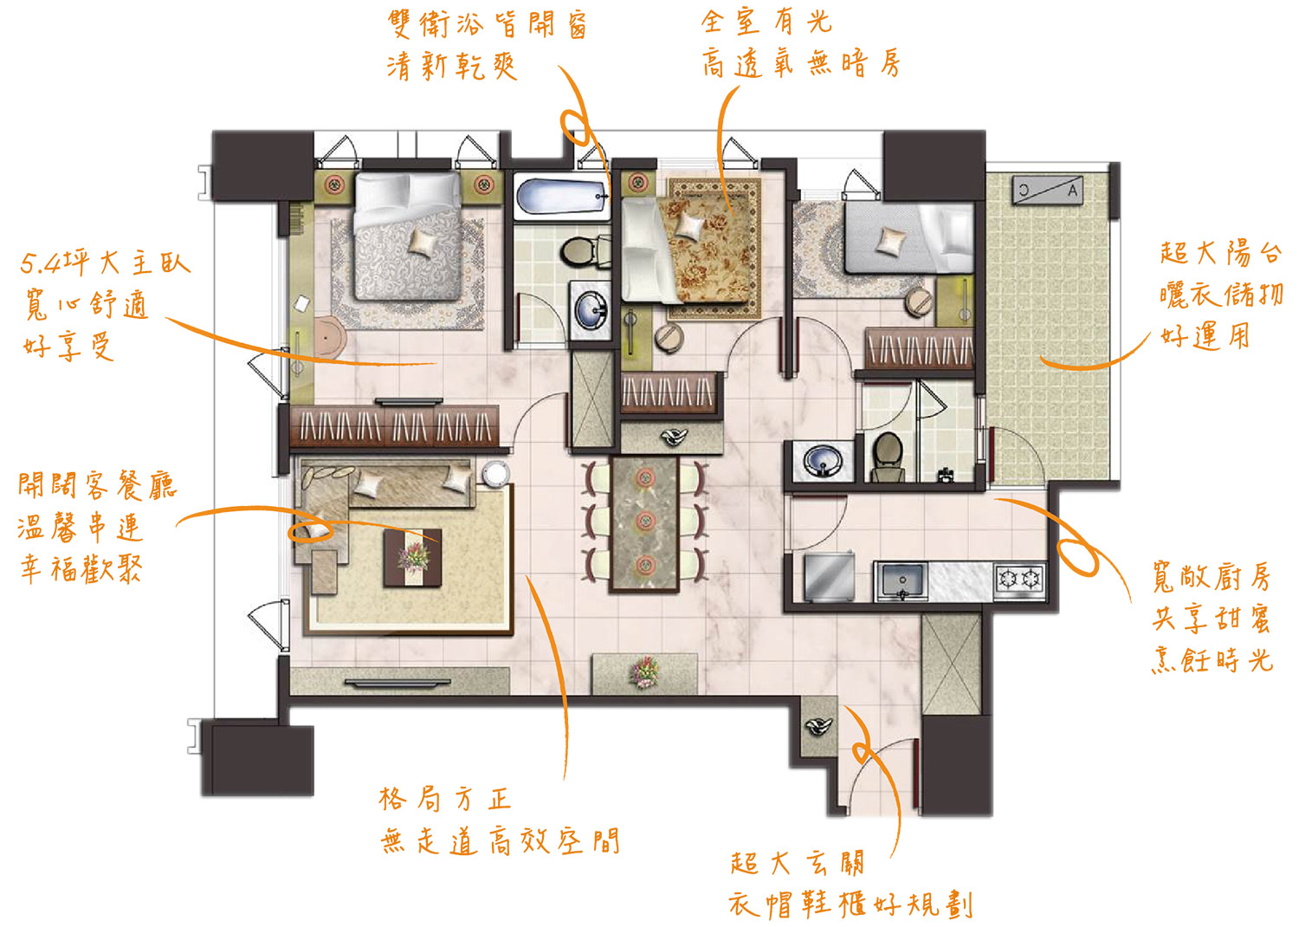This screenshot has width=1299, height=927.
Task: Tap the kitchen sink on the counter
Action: pyautogui.click(x=902, y=580)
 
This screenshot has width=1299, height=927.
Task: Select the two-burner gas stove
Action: pyautogui.click(x=1021, y=579)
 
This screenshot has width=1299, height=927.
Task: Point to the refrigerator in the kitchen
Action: pyautogui.click(x=830, y=577)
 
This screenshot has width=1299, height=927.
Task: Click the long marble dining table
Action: pyautogui.click(x=644, y=524)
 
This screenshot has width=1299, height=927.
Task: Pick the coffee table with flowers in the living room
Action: pyautogui.click(x=412, y=557)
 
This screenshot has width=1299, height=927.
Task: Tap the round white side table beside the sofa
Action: pyautogui.click(x=494, y=473)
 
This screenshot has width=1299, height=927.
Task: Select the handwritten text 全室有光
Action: pyautogui.click(x=766, y=22)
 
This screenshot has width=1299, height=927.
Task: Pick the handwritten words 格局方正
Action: pyautogui.click(x=445, y=800)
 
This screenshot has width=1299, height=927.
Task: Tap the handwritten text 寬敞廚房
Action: pyautogui.click(x=1212, y=576)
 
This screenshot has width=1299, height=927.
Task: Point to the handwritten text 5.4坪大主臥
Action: pyautogui.click(x=106, y=263)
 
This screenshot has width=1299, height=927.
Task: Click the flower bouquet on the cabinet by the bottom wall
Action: pyautogui.click(x=644, y=671)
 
